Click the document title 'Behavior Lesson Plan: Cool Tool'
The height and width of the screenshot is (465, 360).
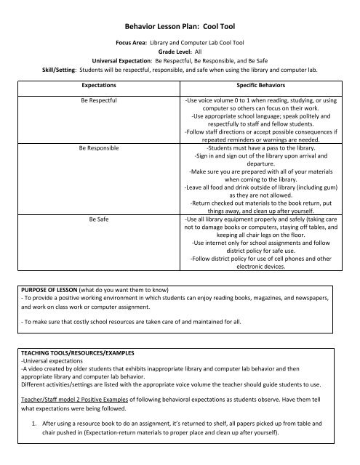pos(180,24)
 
